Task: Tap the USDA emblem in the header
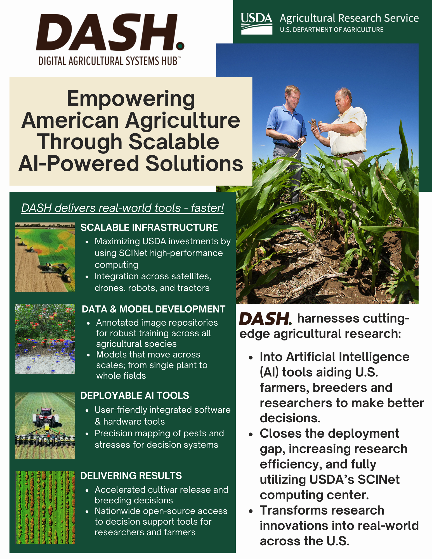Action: point(257,23)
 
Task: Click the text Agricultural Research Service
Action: point(349,18)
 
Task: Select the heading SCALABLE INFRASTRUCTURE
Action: point(149,228)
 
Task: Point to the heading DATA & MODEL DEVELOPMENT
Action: point(154,309)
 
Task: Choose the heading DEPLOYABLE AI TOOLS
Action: point(135,395)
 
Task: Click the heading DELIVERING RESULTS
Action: point(131,475)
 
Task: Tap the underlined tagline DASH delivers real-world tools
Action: point(123,208)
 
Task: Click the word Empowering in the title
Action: point(131,99)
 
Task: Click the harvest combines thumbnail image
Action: point(45,257)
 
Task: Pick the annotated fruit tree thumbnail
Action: point(45,339)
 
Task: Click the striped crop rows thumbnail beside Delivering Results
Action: point(45,507)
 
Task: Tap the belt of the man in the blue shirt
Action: point(287,145)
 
